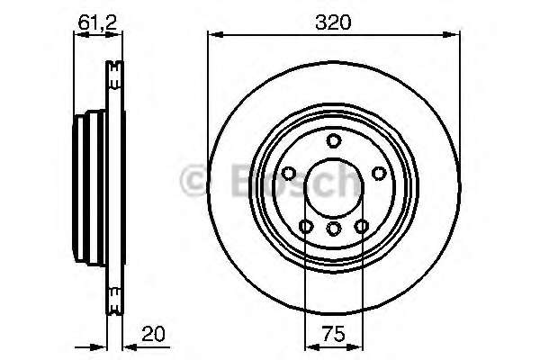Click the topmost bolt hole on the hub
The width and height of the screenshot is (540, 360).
point(334,140)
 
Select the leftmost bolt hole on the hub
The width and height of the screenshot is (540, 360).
point(290,174)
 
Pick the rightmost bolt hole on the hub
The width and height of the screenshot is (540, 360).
point(378,174)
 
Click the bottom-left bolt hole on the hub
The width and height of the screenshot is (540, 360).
point(306,226)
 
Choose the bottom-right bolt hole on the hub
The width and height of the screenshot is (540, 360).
point(362,226)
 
